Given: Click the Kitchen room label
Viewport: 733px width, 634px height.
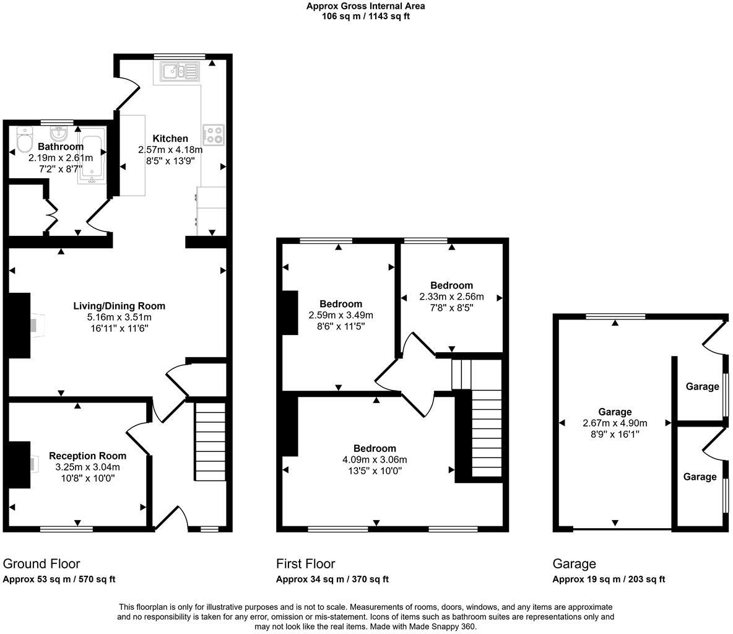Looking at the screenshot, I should (170, 138).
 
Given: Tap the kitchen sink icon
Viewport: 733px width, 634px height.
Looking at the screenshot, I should (180, 72).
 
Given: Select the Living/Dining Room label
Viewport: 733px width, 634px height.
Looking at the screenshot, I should (119, 306).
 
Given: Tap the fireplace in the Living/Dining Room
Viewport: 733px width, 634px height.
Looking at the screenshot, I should (20, 325).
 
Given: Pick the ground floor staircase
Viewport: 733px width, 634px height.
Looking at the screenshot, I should (211, 441).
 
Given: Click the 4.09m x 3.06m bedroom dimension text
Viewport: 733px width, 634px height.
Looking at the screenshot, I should (375, 459).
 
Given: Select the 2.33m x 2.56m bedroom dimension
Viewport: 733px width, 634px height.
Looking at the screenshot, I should (451, 297).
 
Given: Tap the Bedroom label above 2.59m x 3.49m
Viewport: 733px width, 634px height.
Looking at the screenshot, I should (340, 304).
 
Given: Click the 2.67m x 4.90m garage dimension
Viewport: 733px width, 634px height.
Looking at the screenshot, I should (615, 423).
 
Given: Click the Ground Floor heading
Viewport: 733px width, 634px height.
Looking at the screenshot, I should (41, 563).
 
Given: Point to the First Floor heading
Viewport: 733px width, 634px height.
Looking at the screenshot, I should (306, 563).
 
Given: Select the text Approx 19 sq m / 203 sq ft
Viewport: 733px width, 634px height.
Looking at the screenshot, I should (609, 580).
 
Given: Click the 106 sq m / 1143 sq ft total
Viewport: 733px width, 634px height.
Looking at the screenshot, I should (366, 17).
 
